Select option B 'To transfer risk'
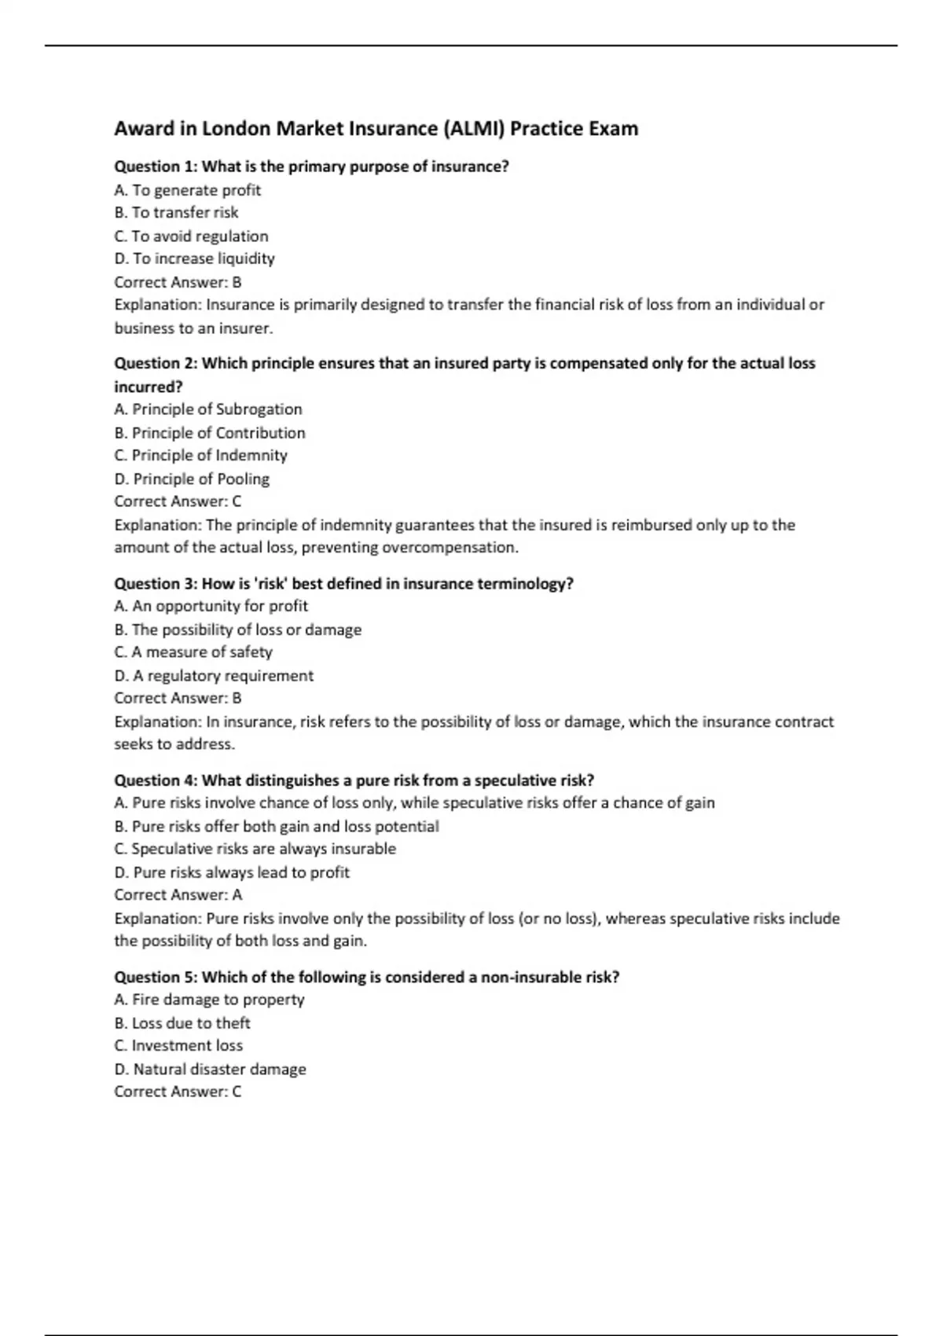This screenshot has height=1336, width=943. pos(176,212)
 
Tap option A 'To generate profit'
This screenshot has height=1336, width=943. pos(187,190)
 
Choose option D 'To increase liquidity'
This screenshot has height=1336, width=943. pos(194,259)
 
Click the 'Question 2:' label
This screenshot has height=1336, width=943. pos(156,363)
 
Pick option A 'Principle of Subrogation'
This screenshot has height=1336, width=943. pos(208,409)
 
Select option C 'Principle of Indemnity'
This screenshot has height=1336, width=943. pos(200,455)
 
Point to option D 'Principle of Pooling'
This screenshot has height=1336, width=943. pos(192,479)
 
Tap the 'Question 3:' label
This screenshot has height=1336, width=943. pos(156,584)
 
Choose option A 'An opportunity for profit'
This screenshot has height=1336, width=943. pos(211,606)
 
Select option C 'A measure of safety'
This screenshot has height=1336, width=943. pos(193,651)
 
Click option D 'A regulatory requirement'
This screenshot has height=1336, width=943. pos(214,676)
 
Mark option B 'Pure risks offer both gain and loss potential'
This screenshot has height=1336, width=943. pos(277,827)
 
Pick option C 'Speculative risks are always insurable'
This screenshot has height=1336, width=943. pos(255,849)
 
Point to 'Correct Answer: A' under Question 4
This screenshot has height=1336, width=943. pos(178,894)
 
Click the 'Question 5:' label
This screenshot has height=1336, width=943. pos(156,977)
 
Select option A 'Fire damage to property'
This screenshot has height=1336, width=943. pos(209,1000)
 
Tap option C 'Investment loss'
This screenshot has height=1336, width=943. pos(178,1045)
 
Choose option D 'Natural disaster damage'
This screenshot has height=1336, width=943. pos(210,1069)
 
